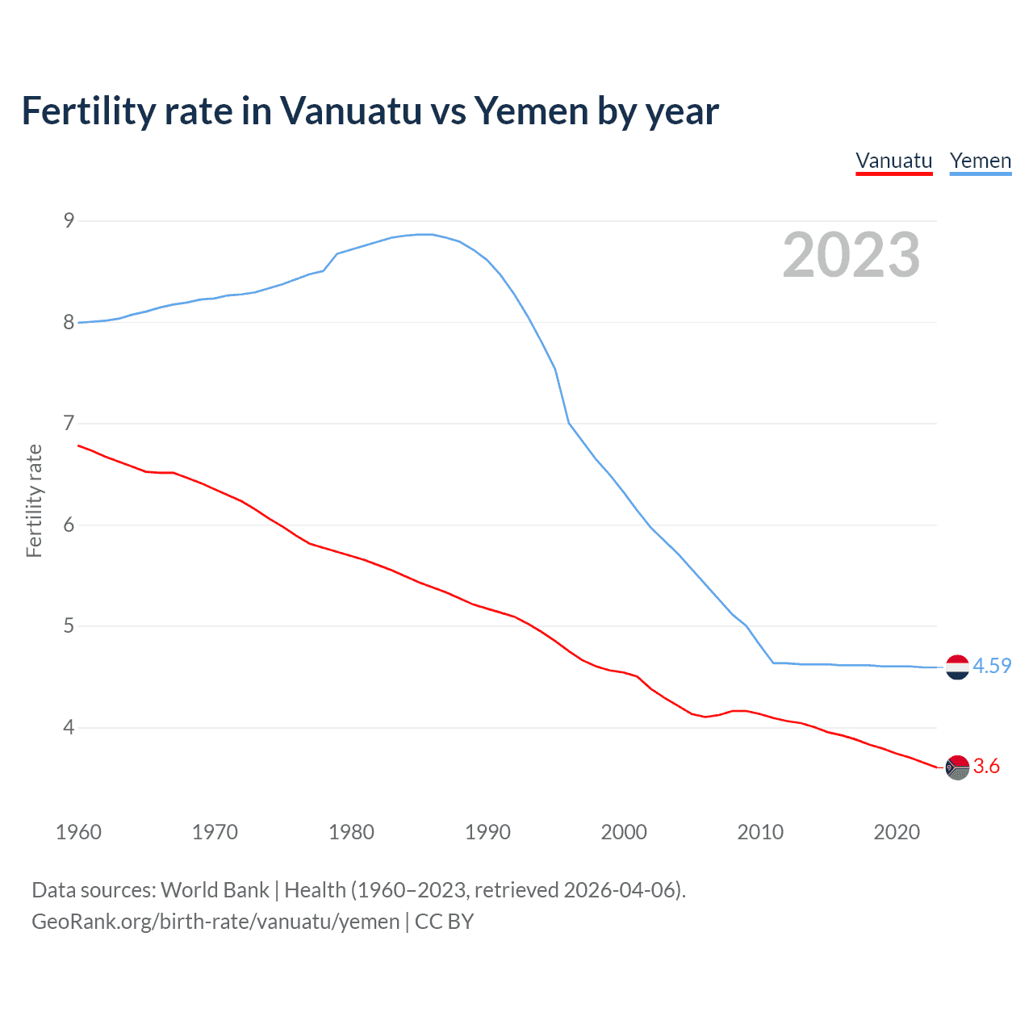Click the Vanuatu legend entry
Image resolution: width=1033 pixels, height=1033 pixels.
(893, 161)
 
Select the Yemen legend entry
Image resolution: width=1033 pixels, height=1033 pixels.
(980, 161)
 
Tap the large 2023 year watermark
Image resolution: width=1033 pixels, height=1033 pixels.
(851, 255)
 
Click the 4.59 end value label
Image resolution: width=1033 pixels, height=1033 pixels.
(992, 666)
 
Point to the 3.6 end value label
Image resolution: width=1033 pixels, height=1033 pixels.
(986, 766)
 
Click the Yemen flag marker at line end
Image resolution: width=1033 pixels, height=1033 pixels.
(957, 667)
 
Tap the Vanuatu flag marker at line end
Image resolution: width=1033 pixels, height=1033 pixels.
(957, 767)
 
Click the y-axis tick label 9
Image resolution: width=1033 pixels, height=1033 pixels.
(69, 220)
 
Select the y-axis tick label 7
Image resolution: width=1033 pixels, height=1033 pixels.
(69, 423)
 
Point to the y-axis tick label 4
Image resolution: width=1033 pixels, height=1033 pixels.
(69, 727)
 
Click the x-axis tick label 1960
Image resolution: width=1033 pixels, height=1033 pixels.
(78, 832)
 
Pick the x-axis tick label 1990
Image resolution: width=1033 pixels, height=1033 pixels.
(487, 832)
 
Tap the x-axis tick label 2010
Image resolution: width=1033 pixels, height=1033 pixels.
(760, 832)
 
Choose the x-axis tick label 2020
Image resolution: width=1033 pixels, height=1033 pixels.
(897, 832)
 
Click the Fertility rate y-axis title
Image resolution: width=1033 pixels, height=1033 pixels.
(34, 500)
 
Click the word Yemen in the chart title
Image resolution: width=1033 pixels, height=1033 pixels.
(531, 111)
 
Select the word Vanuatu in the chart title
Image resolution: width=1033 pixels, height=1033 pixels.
(350, 111)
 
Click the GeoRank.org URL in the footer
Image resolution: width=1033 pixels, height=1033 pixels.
(215, 922)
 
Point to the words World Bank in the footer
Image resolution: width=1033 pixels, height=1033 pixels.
(215, 890)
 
